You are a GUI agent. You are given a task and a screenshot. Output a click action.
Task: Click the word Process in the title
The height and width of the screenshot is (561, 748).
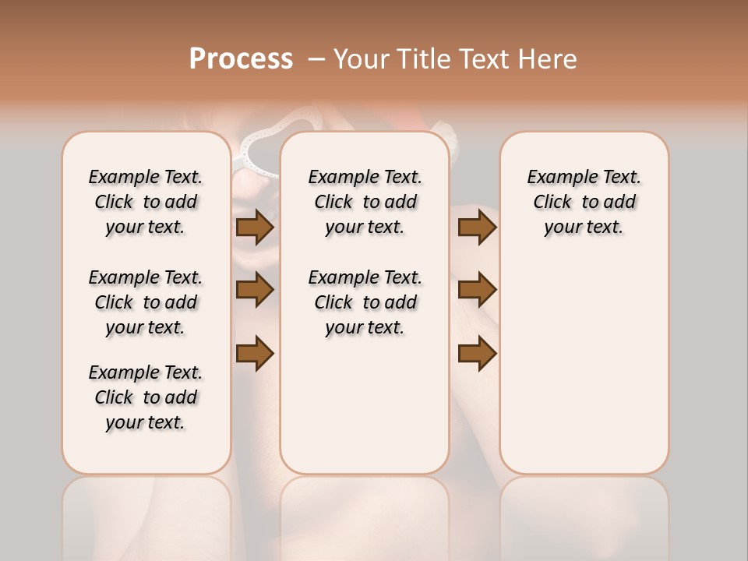pyautogui.click(x=241, y=59)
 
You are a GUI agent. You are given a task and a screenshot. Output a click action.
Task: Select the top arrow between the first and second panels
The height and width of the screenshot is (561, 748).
pyautogui.click(x=255, y=228)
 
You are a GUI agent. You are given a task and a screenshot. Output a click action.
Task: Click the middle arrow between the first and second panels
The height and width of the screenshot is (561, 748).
pyautogui.click(x=255, y=291)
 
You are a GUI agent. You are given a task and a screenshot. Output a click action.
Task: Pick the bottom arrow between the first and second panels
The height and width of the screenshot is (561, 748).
pyautogui.click(x=255, y=353)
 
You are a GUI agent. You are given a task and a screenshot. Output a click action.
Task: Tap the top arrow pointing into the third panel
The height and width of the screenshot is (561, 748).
pyautogui.click(x=477, y=228)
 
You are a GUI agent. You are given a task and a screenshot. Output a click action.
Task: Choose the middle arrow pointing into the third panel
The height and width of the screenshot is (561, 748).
pyautogui.click(x=477, y=290)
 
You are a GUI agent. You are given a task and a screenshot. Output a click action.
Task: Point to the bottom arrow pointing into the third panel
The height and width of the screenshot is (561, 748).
pyautogui.click(x=477, y=353)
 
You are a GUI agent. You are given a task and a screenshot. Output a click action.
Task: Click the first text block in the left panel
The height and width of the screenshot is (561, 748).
pyautogui.click(x=146, y=202)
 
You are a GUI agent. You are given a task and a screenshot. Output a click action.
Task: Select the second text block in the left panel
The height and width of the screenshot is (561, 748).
pyautogui.click(x=146, y=302)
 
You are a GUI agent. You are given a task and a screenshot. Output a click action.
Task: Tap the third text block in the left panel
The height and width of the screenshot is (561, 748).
pyautogui.click(x=146, y=397)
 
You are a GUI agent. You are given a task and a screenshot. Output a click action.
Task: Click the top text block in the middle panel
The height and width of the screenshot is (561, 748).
pyautogui.click(x=365, y=202)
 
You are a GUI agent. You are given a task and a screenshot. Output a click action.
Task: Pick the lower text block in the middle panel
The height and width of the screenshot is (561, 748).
pyautogui.click(x=365, y=302)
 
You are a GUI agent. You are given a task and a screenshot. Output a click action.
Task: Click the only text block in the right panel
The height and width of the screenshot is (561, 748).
pyautogui.click(x=584, y=202)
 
